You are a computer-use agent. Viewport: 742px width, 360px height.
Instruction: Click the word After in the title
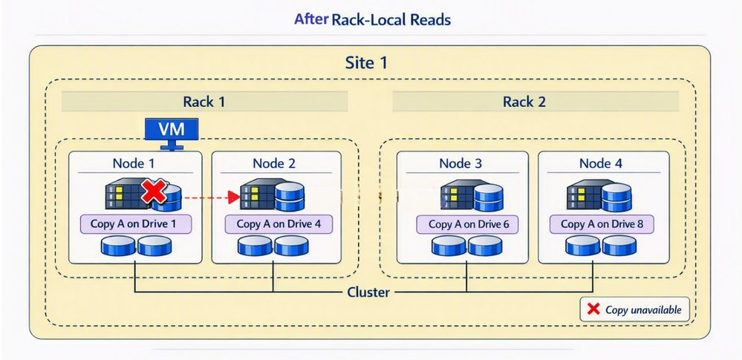311,19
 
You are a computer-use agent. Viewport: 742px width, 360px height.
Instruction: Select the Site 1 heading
366,62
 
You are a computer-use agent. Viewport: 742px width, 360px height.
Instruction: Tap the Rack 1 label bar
204,102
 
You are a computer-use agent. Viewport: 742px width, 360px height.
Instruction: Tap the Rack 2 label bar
524,102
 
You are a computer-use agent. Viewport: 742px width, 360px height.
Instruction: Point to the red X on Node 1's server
153,194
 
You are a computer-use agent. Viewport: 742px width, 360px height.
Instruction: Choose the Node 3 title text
461,163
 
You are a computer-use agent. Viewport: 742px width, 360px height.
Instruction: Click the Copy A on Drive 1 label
135,223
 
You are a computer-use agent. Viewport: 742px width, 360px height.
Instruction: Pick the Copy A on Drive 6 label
462,223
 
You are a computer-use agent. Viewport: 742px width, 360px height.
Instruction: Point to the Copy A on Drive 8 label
605,223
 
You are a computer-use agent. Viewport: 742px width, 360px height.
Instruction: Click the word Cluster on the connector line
368,292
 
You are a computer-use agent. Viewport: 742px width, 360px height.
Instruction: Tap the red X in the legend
593,309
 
